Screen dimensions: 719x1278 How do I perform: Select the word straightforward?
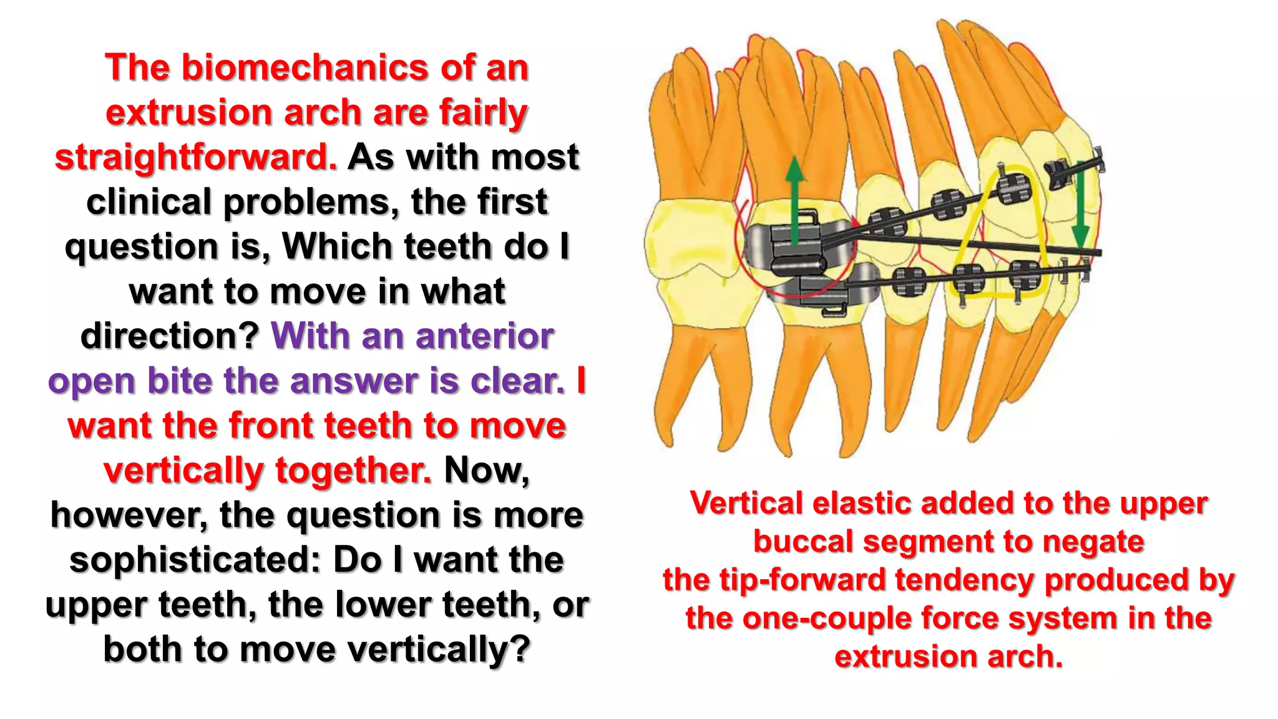click(195, 157)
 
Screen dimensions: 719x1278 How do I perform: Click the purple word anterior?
click(484, 336)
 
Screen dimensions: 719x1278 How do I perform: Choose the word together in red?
click(353, 471)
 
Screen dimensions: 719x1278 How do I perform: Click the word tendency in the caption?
click(965, 580)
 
